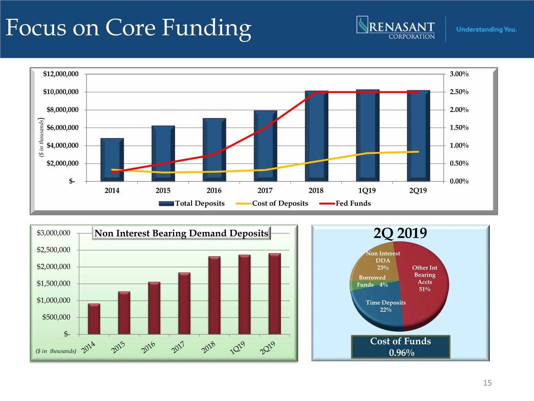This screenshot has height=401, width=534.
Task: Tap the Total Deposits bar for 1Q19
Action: (367, 135)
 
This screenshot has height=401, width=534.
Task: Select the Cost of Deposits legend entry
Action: (272, 203)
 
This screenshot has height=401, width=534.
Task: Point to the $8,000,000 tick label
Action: (62, 110)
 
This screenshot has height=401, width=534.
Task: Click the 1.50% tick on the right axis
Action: (459, 128)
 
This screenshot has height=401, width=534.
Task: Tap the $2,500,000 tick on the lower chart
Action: (54, 250)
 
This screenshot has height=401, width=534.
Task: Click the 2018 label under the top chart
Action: (316, 191)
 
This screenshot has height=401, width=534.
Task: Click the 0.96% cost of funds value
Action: (401, 353)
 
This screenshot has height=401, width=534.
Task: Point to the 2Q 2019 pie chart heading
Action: (400, 233)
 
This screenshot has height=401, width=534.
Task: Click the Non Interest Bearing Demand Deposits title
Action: (181, 233)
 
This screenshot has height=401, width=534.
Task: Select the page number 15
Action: (487, 383)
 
